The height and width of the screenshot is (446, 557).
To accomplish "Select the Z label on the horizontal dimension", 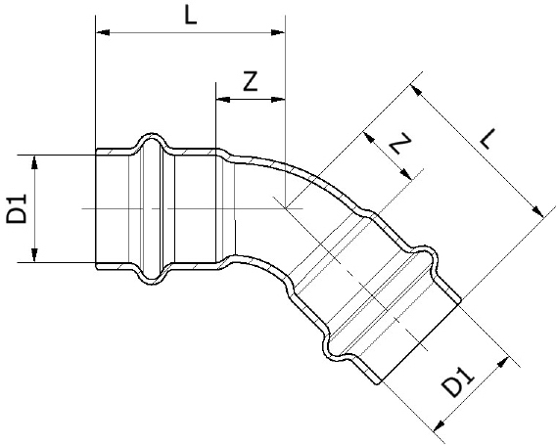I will pyautogui.click(x=250, y=82).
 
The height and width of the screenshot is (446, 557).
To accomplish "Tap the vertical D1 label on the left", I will pyautogui.click(x=17, y=208).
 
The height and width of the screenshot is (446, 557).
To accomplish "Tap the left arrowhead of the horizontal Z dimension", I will pyautogui.click(x=220, y=100).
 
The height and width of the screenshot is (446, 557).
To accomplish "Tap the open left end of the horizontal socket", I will pyautogui.click(x=97, y=208).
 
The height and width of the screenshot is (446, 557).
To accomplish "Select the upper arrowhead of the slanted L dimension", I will pyautogui.click(x=417, y=92).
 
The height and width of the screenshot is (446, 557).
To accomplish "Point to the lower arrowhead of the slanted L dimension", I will pyautogui.click(x=536, y=211).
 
